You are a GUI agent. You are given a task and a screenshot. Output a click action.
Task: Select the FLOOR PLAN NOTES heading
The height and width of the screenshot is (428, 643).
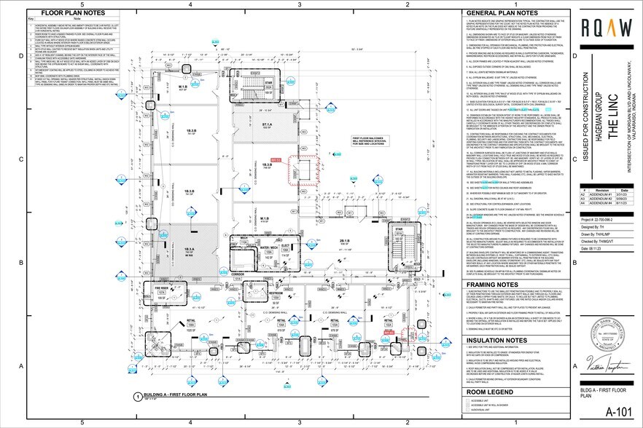71,13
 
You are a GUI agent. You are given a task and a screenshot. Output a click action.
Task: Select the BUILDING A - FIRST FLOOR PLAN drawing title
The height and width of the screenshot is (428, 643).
178,397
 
